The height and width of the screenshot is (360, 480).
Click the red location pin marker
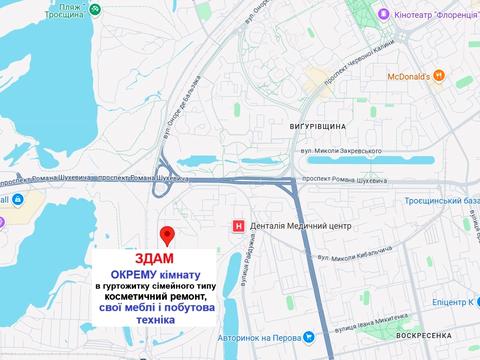tap(167, 235)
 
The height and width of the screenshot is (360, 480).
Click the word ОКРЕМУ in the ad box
tap(138, 274)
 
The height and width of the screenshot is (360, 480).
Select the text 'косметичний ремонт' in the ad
tap(167, 298)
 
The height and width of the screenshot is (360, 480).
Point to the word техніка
tap(167, 324)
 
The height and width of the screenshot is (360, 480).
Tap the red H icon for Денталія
tap(238, 227)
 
